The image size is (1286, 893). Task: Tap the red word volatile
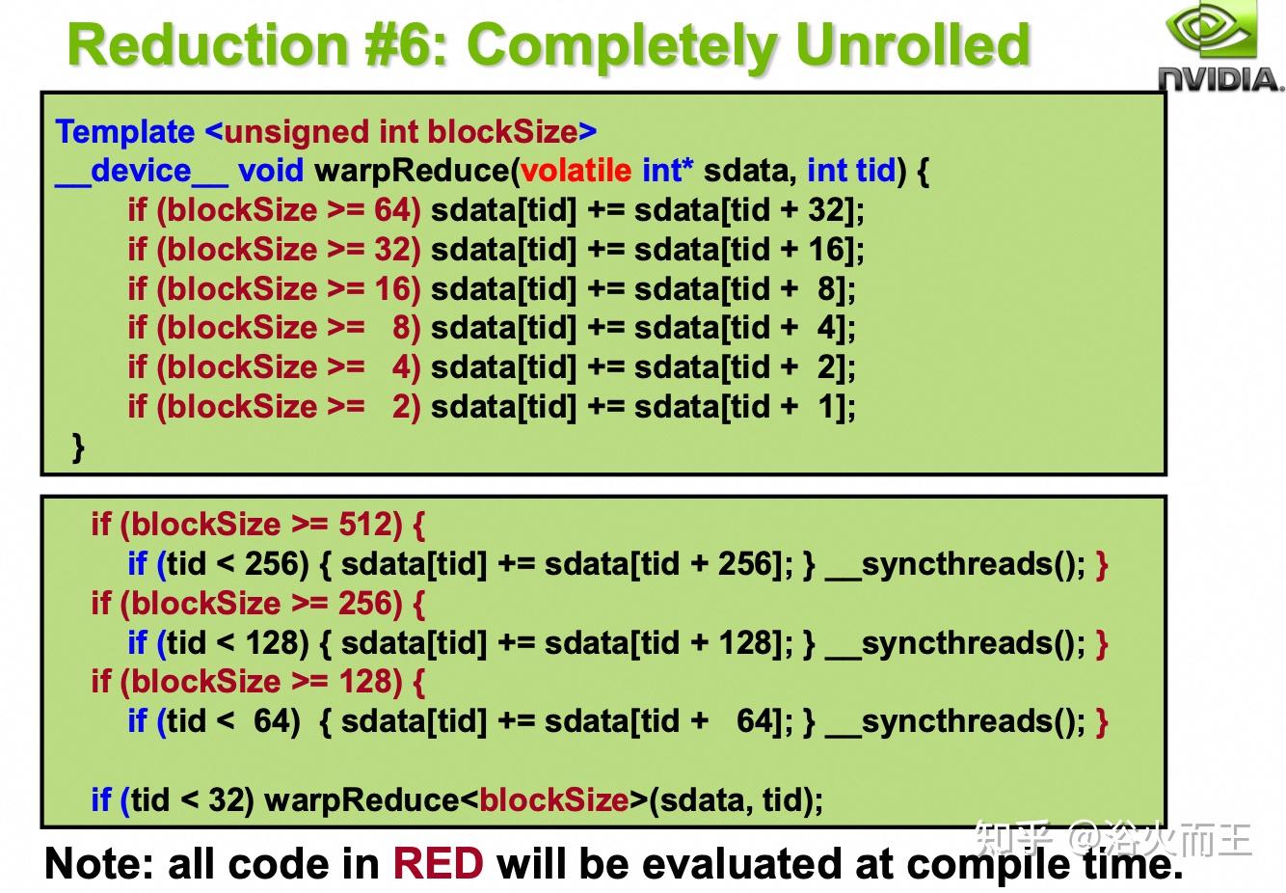(x=576, y=171)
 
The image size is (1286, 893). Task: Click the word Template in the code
(x=124, y=132)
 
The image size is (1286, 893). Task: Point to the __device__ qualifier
(x=141, y=171)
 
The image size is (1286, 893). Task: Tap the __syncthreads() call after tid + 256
(x=955, y=564)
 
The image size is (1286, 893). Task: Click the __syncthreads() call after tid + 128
(x=955, y=643)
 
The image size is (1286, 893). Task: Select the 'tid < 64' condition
(x=231, y=721)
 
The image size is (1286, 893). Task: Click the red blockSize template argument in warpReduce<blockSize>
(x=553, y=799)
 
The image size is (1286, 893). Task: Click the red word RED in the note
(x=437, y=864)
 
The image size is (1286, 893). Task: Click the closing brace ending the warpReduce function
(x=78, y=446)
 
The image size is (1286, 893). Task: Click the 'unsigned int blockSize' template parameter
(x=400, y=132)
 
